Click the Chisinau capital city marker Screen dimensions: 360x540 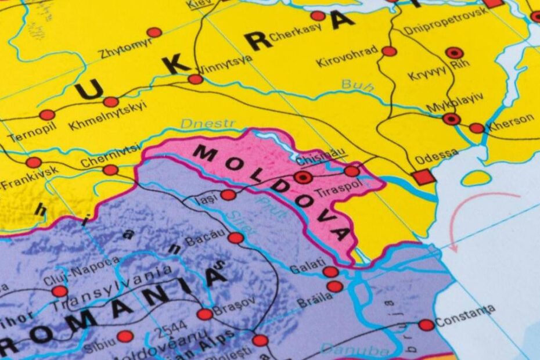coord(302,177)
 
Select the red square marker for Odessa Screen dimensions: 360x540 coord(424,177)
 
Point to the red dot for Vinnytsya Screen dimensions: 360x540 coord(196,79)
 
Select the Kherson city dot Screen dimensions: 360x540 coord(476,128)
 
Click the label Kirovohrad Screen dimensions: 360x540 coord(347,56)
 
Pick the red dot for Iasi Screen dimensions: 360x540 coord(228,195)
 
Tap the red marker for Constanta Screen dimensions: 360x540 coord(426,325)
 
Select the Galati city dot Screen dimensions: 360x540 coord(330,271)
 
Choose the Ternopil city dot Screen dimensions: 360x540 coord(47,115)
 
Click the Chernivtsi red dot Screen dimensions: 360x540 coord(110,170)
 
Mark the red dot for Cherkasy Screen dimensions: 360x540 coord(318,16)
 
